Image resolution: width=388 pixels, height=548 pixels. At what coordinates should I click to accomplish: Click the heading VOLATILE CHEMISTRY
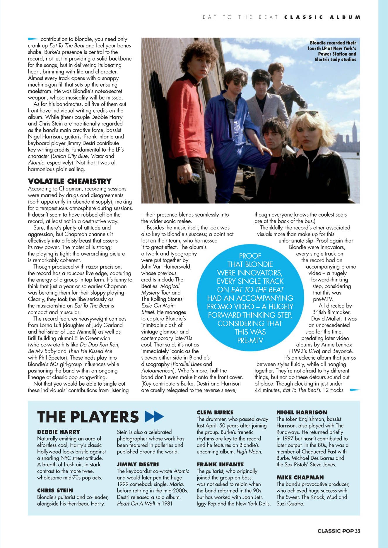pyautogui.click(x=70, y=181)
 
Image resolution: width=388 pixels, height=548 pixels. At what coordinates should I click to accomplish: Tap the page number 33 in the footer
pyautogui.click(x=358, y=531)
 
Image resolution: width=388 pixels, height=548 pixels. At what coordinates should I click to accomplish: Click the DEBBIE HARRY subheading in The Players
pyautogui.click(x=59, y=432)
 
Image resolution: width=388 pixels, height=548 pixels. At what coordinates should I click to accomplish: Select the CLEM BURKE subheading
pyautogui.click(x=215, y=413)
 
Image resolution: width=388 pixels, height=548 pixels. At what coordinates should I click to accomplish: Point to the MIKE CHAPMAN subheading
pyautogui.click(x=300, y=477)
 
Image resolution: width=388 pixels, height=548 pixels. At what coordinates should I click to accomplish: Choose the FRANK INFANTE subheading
pyautogui.click(x=220, y=464)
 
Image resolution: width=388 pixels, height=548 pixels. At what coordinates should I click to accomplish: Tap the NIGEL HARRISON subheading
pyautogui.click(x=302, y=413)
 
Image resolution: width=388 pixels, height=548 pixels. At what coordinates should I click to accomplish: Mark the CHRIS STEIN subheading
pyautogui.click(x=55, y=490)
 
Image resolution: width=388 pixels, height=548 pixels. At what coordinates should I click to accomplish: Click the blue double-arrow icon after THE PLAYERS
pyautogui.click(x=154, y=416)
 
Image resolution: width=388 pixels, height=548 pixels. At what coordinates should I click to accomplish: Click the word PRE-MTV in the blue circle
pyautogui.click(x=250, y=341)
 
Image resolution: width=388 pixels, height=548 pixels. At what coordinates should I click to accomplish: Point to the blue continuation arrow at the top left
pyautogui.click(x=33, y=39)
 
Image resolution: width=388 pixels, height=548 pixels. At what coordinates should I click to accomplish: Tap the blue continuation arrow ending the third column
pyautogui.click(x=355, y=390)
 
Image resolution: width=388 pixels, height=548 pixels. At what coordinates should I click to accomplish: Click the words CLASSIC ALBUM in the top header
pyautogui.click(x=322, y=17)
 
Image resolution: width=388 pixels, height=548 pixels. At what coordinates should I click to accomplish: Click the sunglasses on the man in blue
pyautogui.click(x=240, y=83)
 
